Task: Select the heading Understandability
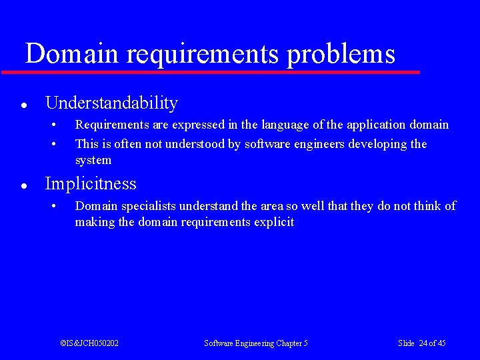coord(111,103)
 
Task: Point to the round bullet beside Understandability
coord(23,105)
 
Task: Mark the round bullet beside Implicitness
coord(23,185)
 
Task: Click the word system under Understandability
coord(93,160)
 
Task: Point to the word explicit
coord(274,222)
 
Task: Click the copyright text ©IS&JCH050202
coord(89,343)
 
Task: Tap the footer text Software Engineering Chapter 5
coord(256,343)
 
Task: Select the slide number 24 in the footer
coord(423,343)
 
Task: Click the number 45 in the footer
coord(441,343)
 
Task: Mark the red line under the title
coord(210,71)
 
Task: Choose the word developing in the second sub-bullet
coord(379,144)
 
